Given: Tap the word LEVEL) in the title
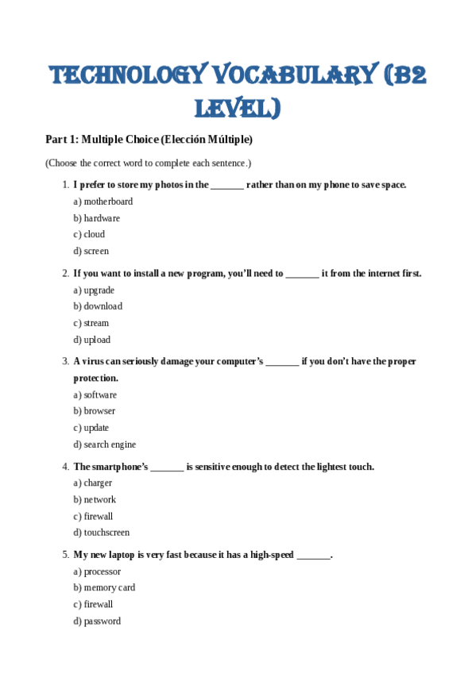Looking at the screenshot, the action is coord(238,107).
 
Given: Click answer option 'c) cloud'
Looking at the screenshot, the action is coord(89,235).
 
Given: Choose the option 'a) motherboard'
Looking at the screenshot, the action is coord(103,202).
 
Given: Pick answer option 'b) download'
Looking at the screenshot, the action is coord(98,306).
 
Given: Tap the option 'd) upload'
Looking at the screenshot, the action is coord(92,340).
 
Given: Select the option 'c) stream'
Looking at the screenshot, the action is coord(91,323).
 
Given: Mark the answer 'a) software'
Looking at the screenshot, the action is coord(95,395).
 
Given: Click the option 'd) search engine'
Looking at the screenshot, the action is coord(105,444).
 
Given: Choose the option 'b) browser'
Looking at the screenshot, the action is coord(95,411).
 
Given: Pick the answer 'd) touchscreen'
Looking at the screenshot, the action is coord(102,533).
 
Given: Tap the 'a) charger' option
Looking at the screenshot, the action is coord(93,483).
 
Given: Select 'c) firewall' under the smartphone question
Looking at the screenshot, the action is coord(94,516).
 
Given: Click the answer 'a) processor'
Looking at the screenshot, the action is coord(98,571).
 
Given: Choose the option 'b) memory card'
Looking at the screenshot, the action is coord(104,588).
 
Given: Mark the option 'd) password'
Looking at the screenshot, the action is coord(97,621).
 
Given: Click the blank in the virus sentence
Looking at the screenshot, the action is coord(282,362).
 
